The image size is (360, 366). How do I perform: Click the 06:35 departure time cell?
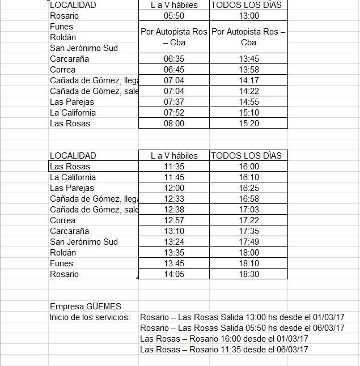click(174, 59)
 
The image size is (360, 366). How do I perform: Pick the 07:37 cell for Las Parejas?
click(174, 102)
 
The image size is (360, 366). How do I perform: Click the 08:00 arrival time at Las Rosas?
click(174, 124)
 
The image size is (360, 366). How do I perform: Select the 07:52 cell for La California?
click(174, 113)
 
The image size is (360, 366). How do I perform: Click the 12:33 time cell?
click(174, 199)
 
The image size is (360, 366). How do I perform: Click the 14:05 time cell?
click(174, 274)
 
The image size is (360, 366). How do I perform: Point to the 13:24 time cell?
click(174, 242)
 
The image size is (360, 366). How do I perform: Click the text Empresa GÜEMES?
click(86, 307)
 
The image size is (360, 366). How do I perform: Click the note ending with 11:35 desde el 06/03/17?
click(224, 350)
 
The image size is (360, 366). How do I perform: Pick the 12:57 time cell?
click(174, 220)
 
